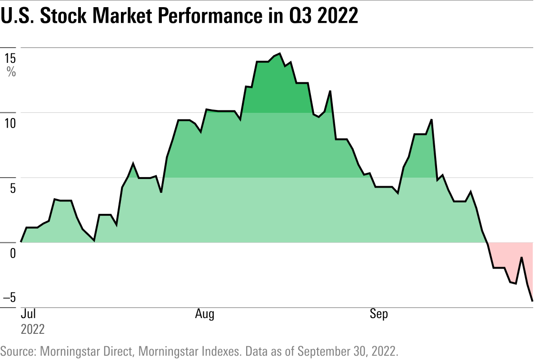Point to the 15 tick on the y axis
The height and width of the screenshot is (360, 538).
tap(10, 59)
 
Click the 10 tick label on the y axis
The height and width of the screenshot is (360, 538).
tap(10, 124)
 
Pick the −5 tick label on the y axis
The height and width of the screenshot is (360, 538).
tap(10, 298)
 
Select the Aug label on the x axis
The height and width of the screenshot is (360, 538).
tap(205, 314)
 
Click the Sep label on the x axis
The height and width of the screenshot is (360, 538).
tap(379, 314)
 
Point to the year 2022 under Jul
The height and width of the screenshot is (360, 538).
tap(33, 329)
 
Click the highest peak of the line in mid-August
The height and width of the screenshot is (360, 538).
tap(279, 54)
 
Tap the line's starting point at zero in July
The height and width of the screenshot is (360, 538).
tap(21, 242)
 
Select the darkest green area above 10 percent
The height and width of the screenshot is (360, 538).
tap(276, 90)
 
